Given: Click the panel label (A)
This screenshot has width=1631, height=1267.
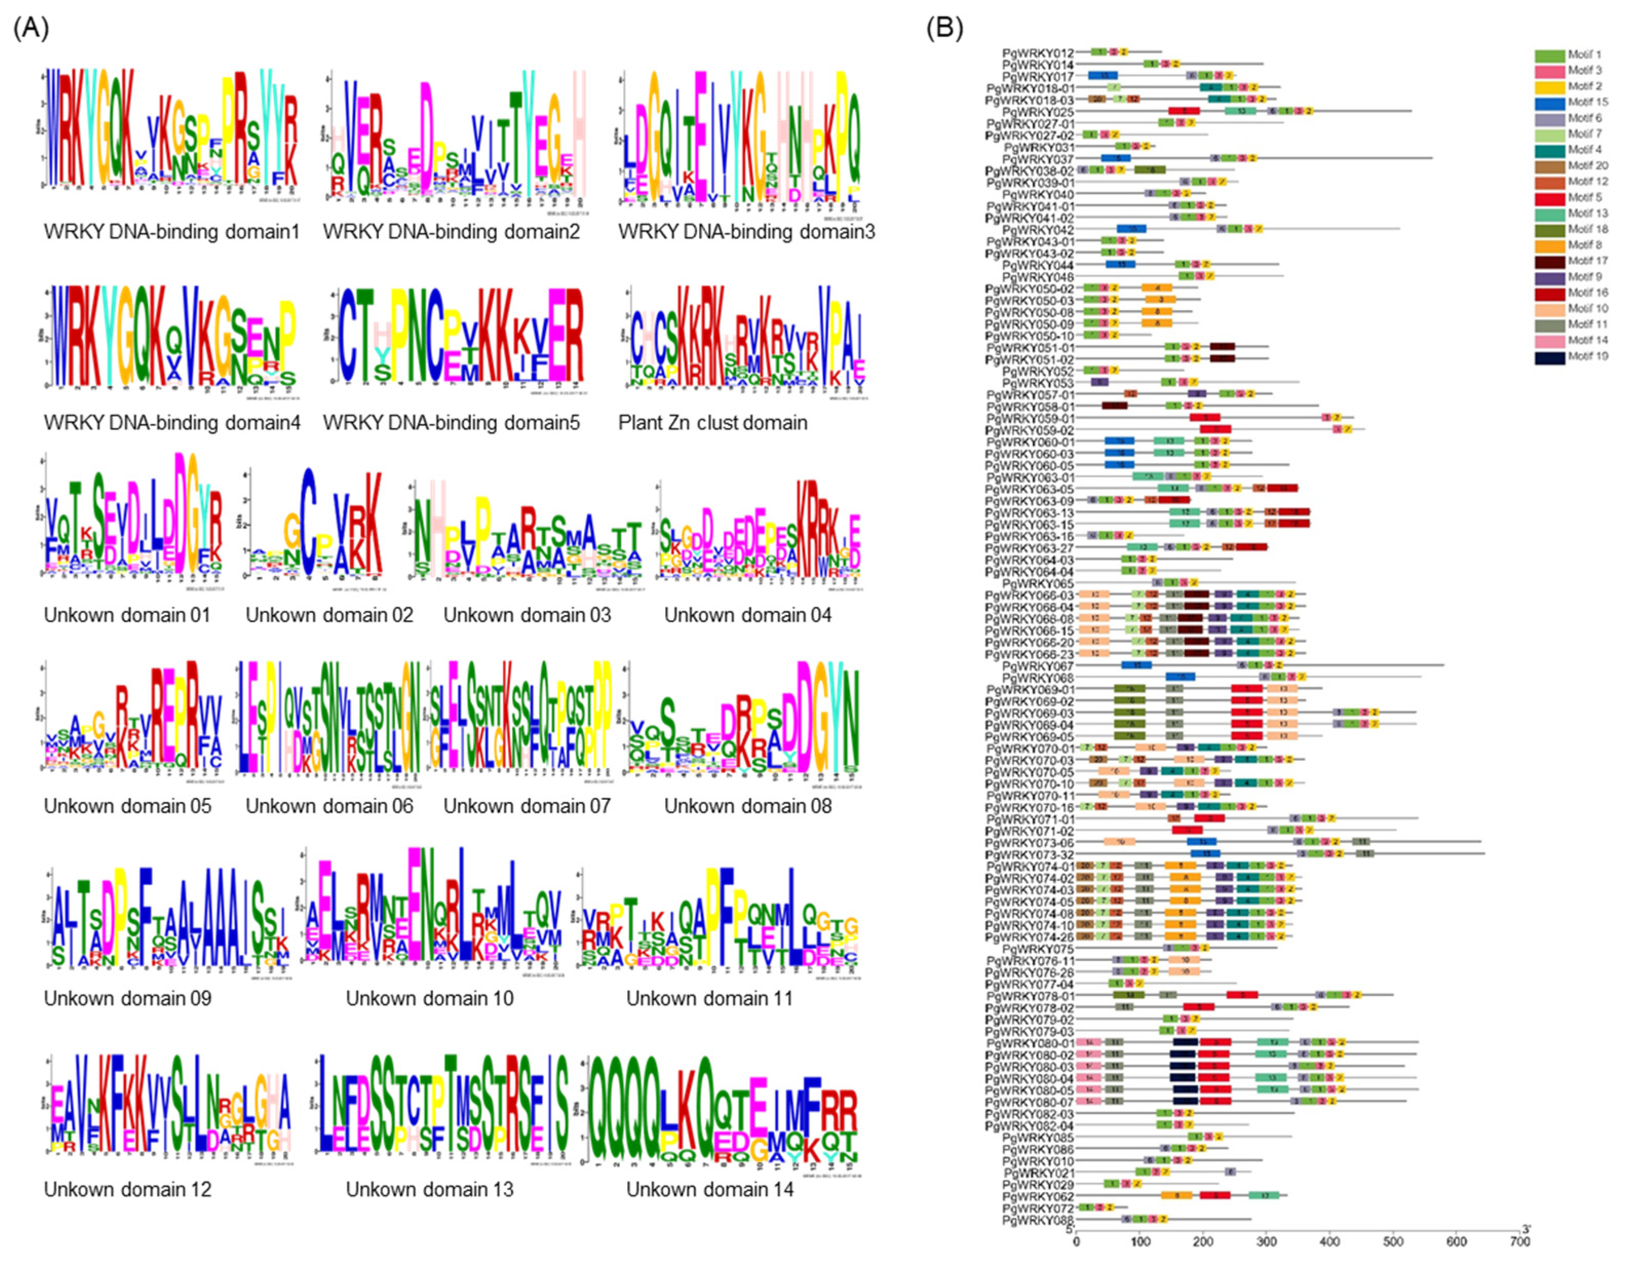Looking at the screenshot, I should (x=31, y=28).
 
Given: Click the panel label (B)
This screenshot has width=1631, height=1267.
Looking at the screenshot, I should (x=945, y=28).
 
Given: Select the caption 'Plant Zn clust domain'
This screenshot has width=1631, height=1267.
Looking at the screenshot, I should (x=712, y=423).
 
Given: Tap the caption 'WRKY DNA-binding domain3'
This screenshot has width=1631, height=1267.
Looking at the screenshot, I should (x=746, y=232).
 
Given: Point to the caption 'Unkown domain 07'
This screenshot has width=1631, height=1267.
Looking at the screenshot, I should (x=527, y=806).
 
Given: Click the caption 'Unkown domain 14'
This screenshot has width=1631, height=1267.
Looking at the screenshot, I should (x=709, y=1189).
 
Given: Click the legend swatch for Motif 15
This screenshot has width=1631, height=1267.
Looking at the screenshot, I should (x=1549, y=102).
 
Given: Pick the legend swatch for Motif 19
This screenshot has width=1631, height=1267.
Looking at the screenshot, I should (x=1549, y=357).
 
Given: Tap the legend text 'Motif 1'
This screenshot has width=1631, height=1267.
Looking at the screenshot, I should (x=1585, y=54).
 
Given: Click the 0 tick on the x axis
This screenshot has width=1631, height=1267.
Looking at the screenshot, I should (x=1076, y=1242).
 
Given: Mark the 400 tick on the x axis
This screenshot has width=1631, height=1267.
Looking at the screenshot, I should (x=1330, y=1242).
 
